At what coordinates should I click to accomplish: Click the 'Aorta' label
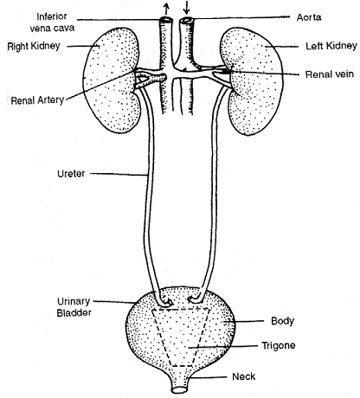point(309,17)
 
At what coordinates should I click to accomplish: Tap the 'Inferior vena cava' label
point(52,22)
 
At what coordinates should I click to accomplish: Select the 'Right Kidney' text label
point(34,46)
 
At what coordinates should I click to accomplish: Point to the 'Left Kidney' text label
point(331,46)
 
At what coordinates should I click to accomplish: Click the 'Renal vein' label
point(330,74)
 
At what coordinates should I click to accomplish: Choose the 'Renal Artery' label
point(37,100)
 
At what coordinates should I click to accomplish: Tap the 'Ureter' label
point(71,174)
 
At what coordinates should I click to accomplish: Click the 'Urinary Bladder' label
point(74,307)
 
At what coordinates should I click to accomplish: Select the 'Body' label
point(282,321)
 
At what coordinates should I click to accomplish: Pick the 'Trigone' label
point(279,345)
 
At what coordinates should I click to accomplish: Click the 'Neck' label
point(244,376)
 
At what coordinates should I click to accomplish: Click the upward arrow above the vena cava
point(166,10)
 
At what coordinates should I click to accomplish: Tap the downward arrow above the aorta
point(187,8)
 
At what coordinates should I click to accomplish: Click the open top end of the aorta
point(186,21)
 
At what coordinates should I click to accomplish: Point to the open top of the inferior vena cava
point(166,21)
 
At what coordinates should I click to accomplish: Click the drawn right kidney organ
point(111,80)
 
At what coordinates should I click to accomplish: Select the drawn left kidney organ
point(252,81)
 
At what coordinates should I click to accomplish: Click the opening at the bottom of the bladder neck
point(180,389)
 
